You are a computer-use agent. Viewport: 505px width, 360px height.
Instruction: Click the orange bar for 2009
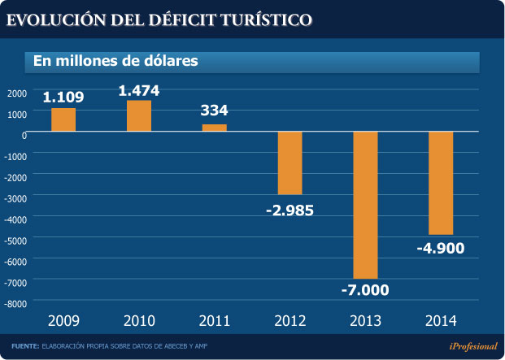63,119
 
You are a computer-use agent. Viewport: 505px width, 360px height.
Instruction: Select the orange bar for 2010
139,115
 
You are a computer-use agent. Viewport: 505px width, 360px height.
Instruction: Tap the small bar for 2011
215,128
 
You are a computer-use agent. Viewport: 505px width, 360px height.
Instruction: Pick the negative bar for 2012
290,163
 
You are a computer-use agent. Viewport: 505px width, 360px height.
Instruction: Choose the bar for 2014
441,183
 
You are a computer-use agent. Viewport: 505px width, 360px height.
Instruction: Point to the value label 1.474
139,90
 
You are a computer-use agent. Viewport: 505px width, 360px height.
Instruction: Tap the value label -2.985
290,210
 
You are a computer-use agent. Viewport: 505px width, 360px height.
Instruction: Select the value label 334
215,111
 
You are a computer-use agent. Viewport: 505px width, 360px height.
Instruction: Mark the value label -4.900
441,247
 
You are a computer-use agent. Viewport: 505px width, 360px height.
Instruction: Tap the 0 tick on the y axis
24,135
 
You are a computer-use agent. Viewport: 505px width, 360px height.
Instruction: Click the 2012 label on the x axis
290,319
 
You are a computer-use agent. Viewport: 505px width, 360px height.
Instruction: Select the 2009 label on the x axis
63,319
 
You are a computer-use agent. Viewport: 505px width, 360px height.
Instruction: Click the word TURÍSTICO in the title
258,19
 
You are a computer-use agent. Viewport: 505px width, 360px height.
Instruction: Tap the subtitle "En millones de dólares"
115,61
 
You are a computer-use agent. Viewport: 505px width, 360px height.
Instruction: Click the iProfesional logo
470,345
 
